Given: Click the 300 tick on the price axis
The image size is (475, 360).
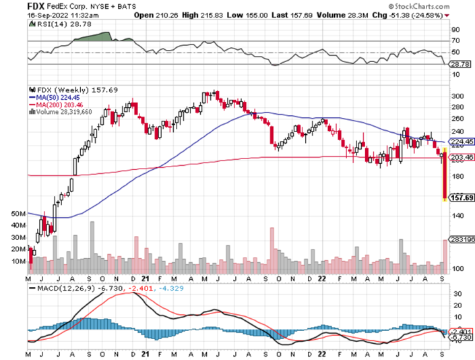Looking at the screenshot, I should [x=455, y=96].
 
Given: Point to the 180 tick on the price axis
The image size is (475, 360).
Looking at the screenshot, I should [x=455, y=177].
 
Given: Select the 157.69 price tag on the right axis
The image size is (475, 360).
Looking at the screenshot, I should [x=458, y=198].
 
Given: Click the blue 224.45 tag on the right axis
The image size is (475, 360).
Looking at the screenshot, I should [x=458, y=142].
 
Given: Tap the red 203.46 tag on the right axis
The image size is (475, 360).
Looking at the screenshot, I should [x=458, y=158].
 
